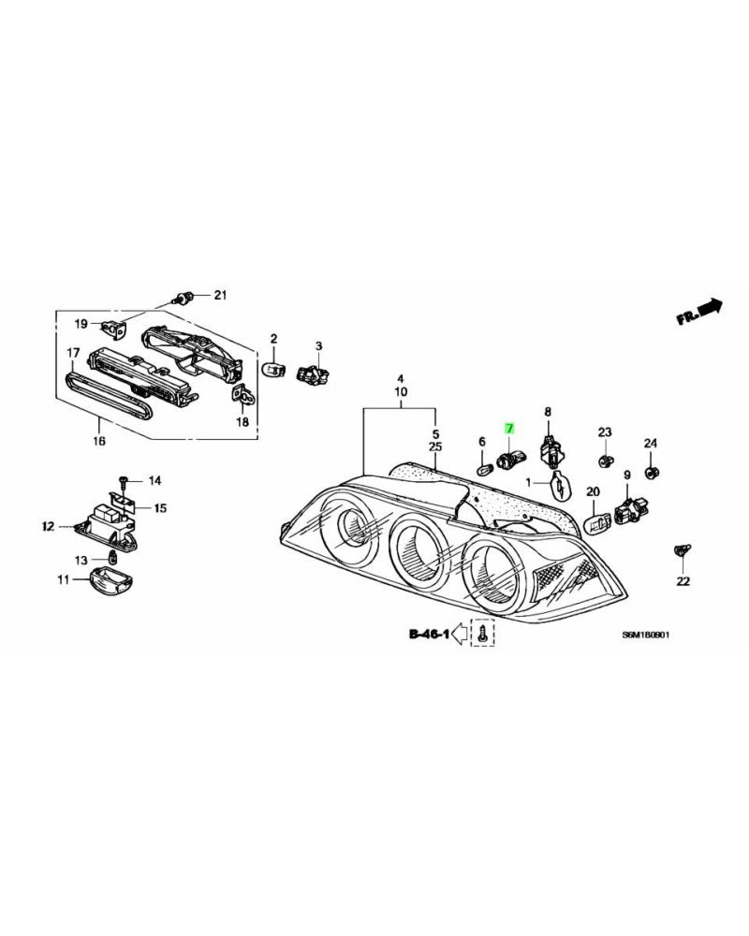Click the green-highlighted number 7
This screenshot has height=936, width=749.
coord(510,427)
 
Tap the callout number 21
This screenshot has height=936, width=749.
coord(220,296)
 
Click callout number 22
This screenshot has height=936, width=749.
coord(683,581)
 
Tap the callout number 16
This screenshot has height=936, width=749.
coord(99,440)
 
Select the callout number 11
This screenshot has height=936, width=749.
coord(64,580)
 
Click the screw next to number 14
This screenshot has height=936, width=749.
coord(123,482)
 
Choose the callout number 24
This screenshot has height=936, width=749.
coord(650,443)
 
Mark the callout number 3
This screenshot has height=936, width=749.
coord(318,347)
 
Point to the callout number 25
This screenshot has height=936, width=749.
coord(435,448)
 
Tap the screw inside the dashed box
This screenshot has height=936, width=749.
coord(483,635)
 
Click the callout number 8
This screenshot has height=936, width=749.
coord(549,412)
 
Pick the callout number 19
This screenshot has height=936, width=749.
coord(81,324)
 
